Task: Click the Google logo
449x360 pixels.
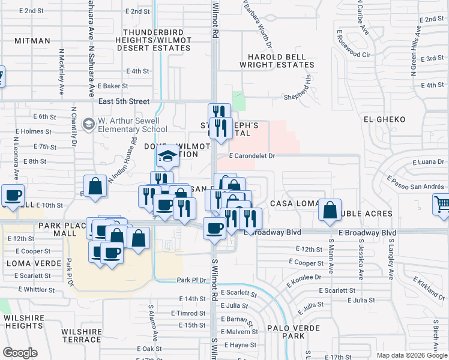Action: tap(20, 352)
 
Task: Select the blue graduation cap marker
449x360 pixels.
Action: tap(168, 157)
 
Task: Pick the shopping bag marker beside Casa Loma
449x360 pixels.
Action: tap(330, 211)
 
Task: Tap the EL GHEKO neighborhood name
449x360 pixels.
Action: tap(385, 119)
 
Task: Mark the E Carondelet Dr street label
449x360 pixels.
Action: tap(252, 156)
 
